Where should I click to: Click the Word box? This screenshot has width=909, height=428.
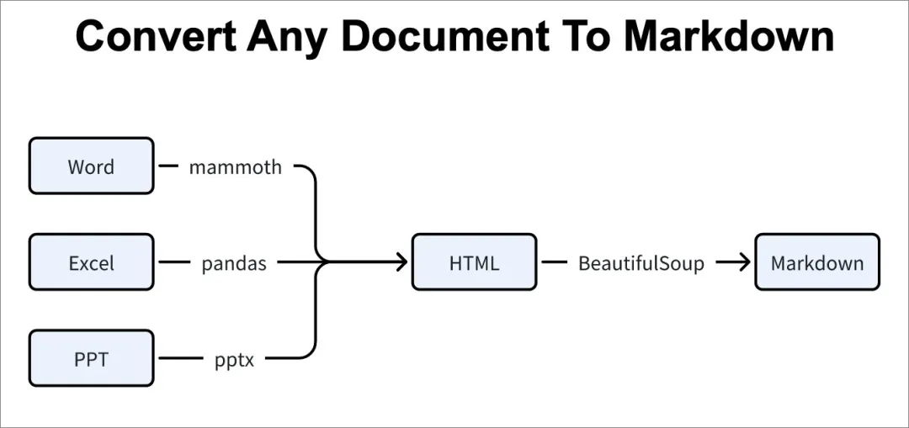pos(91,166)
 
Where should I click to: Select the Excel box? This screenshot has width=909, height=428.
pos(91,262)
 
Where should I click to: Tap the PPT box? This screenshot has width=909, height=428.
pos(91,358)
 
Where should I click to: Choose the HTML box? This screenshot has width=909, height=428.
pos(474,262)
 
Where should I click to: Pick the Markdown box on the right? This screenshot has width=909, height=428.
pos(816,262)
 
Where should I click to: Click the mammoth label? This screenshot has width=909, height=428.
pos(235,166)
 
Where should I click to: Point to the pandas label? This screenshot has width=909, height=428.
pos(234,262)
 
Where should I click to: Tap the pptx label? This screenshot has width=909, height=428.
pos(234,359)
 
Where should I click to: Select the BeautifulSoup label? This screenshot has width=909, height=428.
pos(641,262)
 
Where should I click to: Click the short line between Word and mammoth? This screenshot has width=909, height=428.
pos(168,166)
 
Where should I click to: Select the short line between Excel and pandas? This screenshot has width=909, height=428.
pos(174,262)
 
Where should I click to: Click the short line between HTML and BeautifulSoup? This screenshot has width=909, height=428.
pos(554,262)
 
